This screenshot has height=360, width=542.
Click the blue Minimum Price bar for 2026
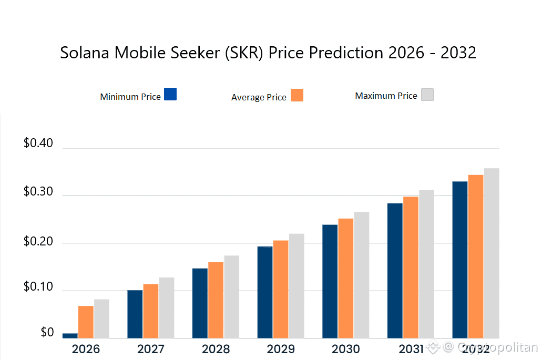[70, 335]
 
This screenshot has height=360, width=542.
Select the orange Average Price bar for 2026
[86, 322]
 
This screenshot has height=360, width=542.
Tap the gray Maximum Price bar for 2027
[167, 307]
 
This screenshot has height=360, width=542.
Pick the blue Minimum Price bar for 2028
[200, 303]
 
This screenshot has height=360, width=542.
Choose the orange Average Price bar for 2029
[281, 289]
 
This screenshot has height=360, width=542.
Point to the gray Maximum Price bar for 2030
[362, 275]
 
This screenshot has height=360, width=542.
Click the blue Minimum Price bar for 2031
[395, 271]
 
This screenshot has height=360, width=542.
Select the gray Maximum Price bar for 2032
[492, 253]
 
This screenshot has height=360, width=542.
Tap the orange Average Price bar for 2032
[476, 256]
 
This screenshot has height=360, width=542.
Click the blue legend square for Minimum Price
[170, 94]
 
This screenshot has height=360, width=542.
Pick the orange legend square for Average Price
[297, 95]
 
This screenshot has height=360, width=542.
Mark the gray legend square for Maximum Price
[427, 95]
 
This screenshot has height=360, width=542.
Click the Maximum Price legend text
[386, 96]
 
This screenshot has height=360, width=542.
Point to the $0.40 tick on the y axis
[38, 143]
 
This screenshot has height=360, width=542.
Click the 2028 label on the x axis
[216, 349]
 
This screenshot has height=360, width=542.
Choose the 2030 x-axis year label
[346, 349]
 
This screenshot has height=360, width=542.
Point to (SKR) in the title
[245, 53]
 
